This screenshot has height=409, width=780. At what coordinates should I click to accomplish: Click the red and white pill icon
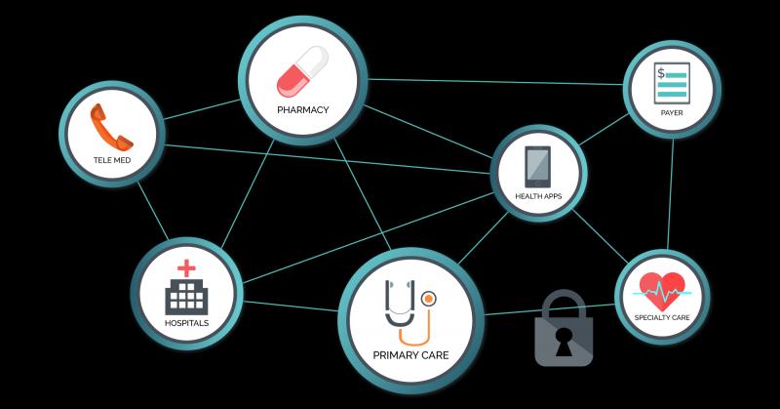(x=302, y=71)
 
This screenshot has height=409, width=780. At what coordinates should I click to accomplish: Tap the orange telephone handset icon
(x=111, y=128)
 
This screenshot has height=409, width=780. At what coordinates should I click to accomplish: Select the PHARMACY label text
(x=303, y=110)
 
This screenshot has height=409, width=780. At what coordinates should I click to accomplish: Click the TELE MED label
(x=112, y=160)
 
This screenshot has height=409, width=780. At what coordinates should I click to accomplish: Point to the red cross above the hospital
(x=186, y=268)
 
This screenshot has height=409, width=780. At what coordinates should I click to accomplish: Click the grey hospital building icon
(x=186, y=297)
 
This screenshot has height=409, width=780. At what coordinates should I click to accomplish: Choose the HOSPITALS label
(x=186, y=323)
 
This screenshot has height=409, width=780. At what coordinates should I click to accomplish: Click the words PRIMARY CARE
(x=410, y=355)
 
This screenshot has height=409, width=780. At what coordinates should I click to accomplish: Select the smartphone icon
(x=538, y=167)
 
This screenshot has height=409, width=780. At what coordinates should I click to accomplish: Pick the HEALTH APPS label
(x=538, y=196)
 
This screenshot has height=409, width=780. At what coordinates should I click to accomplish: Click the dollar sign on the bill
(x=661, y=74)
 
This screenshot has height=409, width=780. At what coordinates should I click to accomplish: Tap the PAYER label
(x=672, y=113)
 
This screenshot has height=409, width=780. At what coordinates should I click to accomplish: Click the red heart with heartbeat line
(x=662, y=292)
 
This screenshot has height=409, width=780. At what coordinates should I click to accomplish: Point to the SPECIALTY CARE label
(x=662, y=318)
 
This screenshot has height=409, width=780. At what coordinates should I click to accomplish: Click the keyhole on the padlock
(x=564, y=342)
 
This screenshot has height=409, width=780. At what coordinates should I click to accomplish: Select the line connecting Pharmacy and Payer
(x=495, y=82)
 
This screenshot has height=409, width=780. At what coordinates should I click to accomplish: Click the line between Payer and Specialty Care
(x=671, y=194)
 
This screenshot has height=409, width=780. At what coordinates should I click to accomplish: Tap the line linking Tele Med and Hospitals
(x=153, y=211)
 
